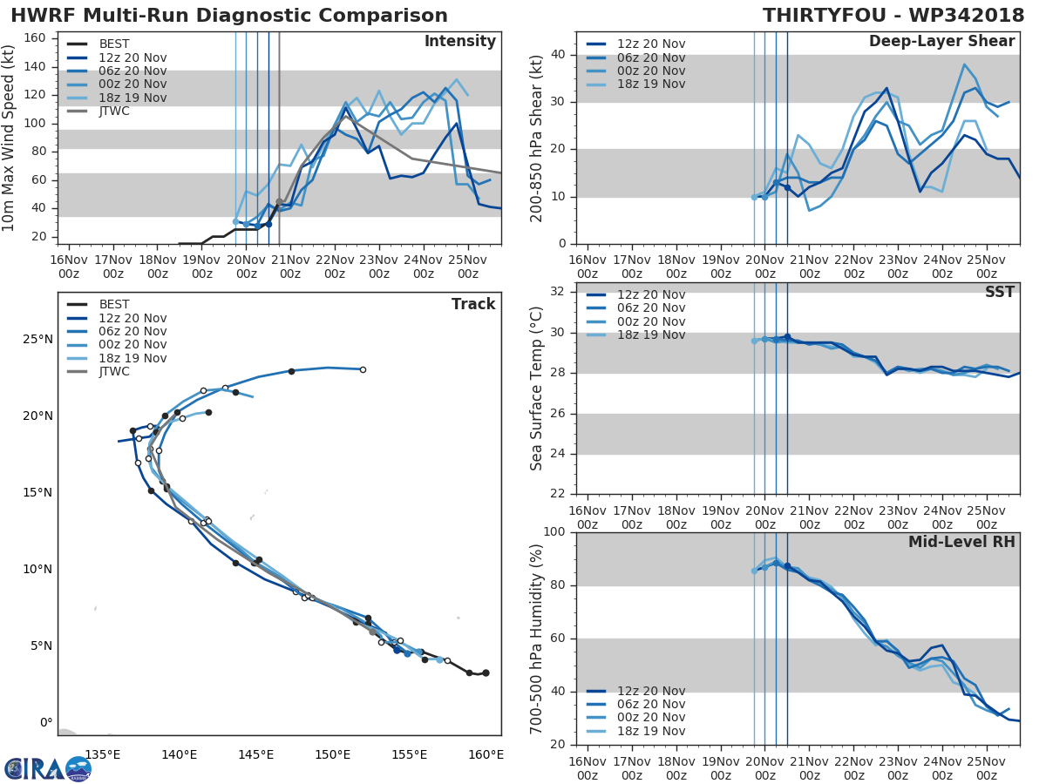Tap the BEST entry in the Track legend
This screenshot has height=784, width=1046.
click(x=114, y=305)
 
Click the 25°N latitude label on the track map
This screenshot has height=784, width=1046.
click(x=35, y=339)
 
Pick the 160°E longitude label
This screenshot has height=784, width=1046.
click(x=486, y=754)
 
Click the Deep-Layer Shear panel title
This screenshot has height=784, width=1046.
click(x=941, y=42)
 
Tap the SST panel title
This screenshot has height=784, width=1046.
click(x=999, y=293)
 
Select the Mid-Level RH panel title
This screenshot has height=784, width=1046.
click(x=961, y=543)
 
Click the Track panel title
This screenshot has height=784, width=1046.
click(x=472, y=304)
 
